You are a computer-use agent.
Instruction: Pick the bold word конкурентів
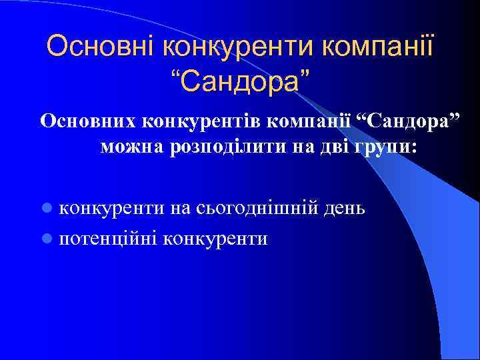pyautogui.click(x=197, y=121)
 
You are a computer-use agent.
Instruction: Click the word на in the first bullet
pyautogui.click(x=181, y=208)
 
